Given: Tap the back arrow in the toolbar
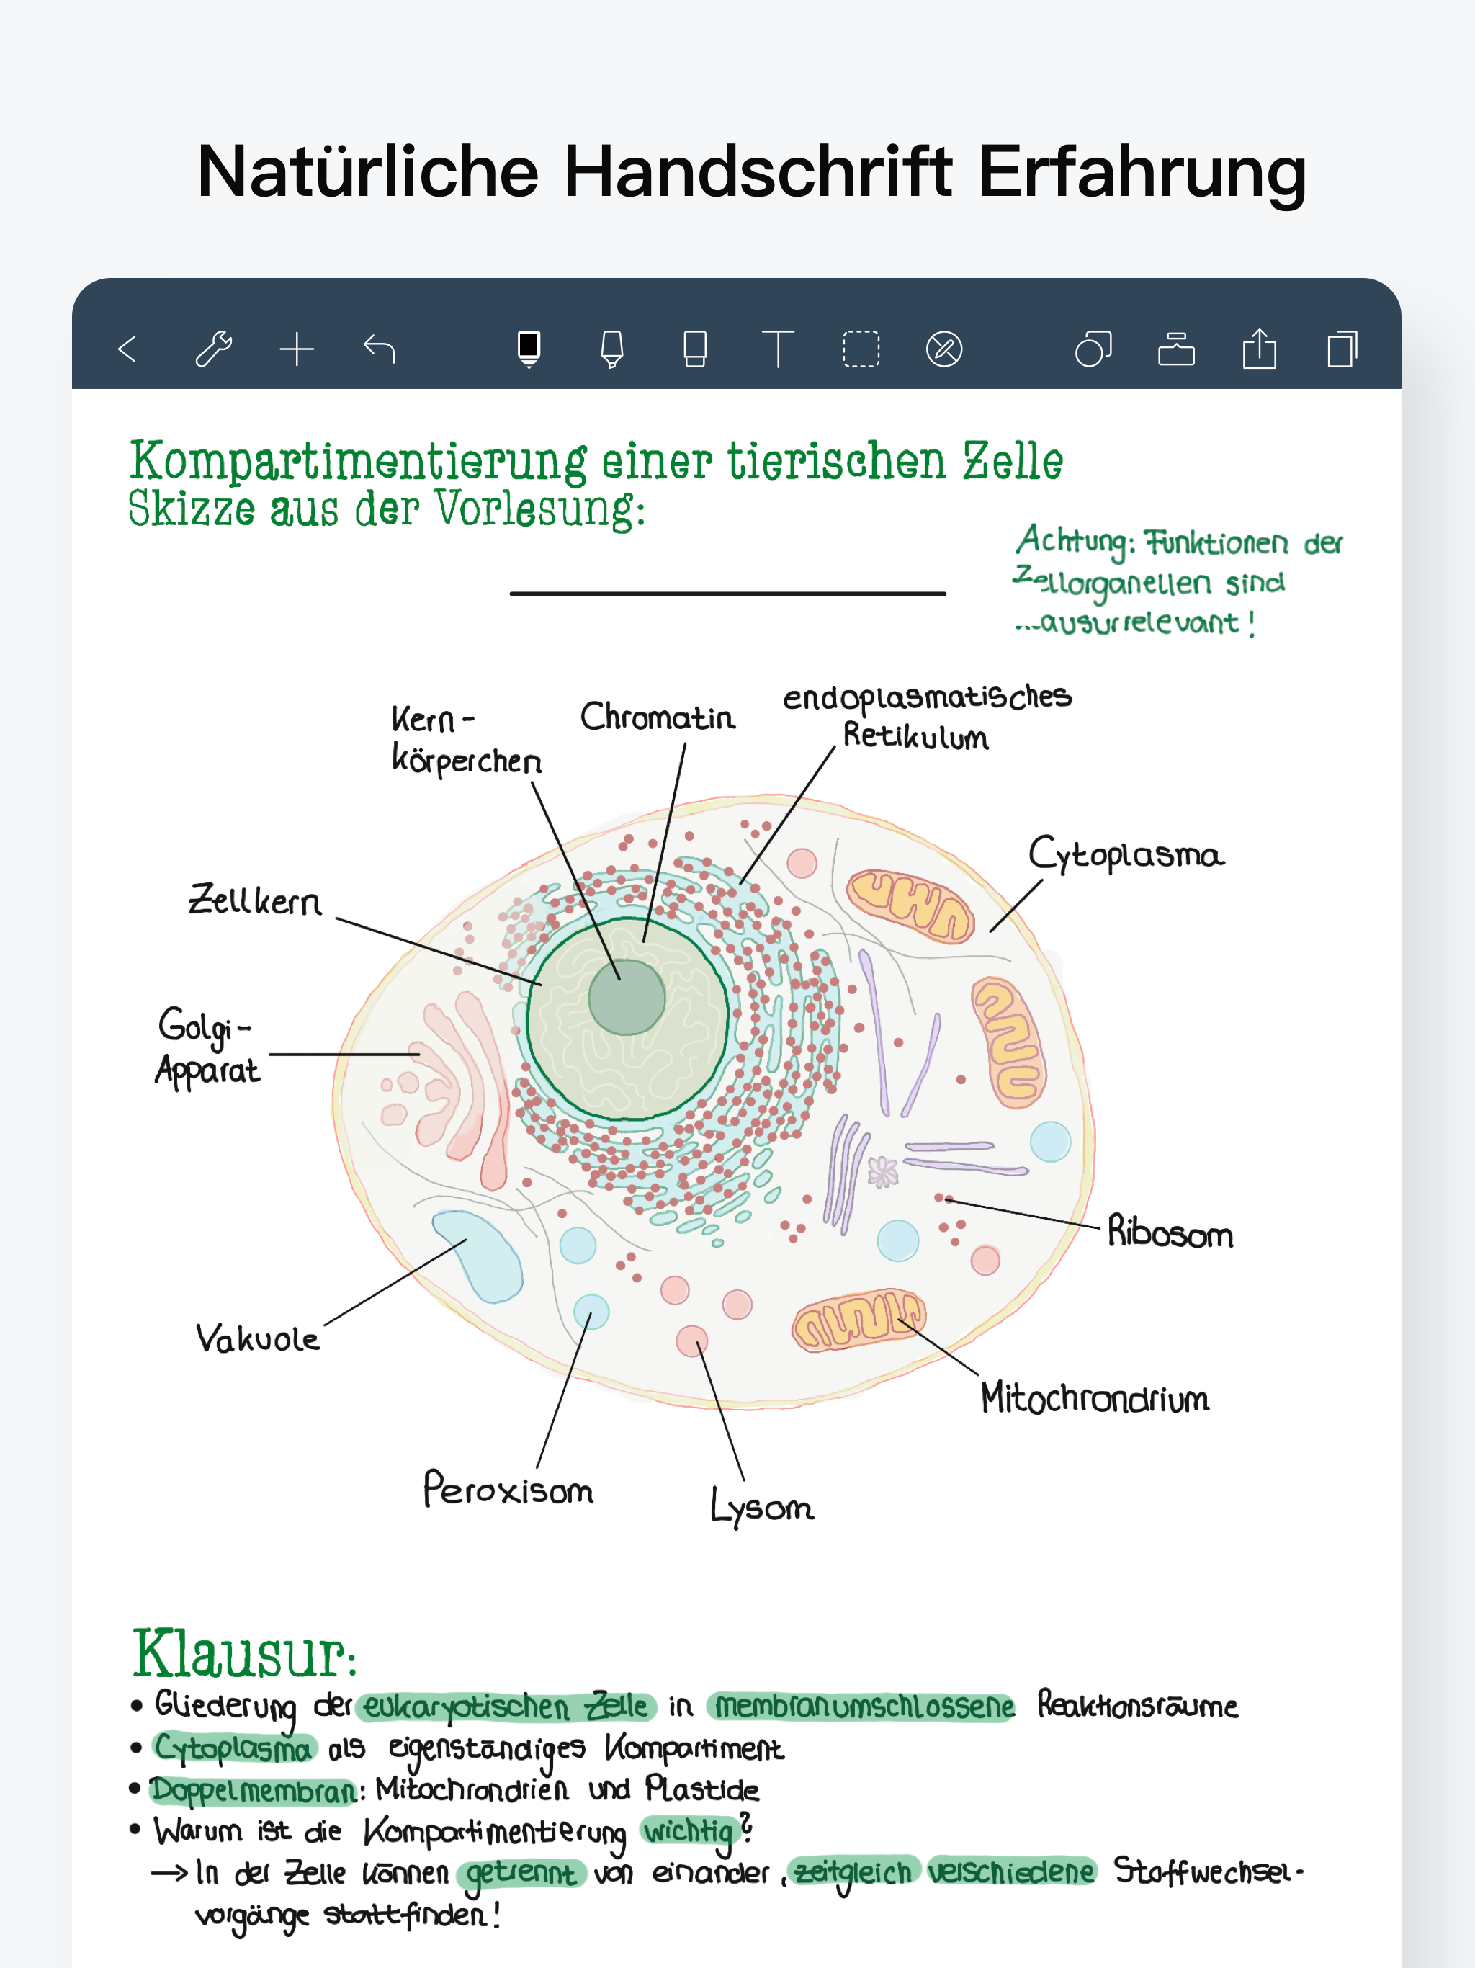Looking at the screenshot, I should click(127, 349).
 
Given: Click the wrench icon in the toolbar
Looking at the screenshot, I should click(213, 349).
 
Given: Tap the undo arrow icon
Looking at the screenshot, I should click(380, 349).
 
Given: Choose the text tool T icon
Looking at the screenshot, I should click(778, 349).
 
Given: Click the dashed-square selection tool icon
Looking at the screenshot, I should click(860, 349).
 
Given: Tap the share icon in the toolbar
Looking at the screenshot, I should click(1259, 349).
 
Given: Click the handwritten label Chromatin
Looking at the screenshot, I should click(658, 717).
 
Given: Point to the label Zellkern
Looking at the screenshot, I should click(256, 900).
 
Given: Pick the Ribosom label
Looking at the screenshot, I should click(1170, 1233).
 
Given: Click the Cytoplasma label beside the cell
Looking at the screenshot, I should click(1126, 855).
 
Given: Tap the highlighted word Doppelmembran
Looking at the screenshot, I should click(254, 1790).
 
